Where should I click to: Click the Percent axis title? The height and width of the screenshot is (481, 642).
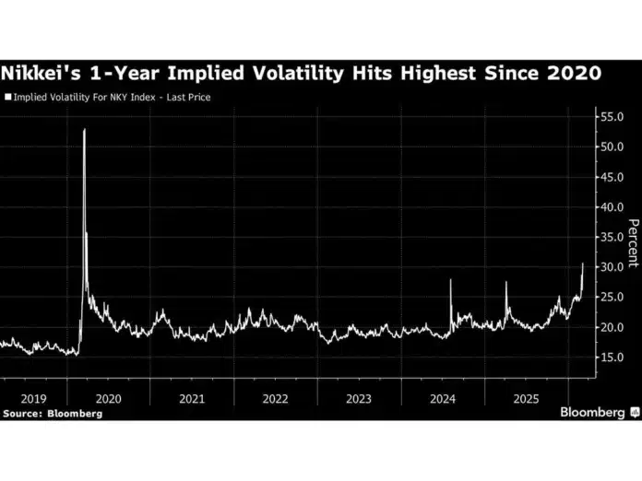pyautogui.click(x=633, y=244)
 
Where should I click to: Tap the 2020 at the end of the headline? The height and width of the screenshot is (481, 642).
pyautogui.click(x=573, y=73)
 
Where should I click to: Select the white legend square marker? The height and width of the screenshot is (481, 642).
pyautogui.click(x=8, y=96)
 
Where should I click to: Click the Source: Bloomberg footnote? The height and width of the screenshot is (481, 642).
pyautogui.click(x=53, y=414)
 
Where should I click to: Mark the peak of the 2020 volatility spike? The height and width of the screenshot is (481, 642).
pyautogui.click(x=84, y=129)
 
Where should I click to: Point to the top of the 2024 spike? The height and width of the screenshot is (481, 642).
pyautogui.click(x=451, y=280)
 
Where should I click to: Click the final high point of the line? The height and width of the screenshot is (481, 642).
pyautogui.click(x=582, y=264)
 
